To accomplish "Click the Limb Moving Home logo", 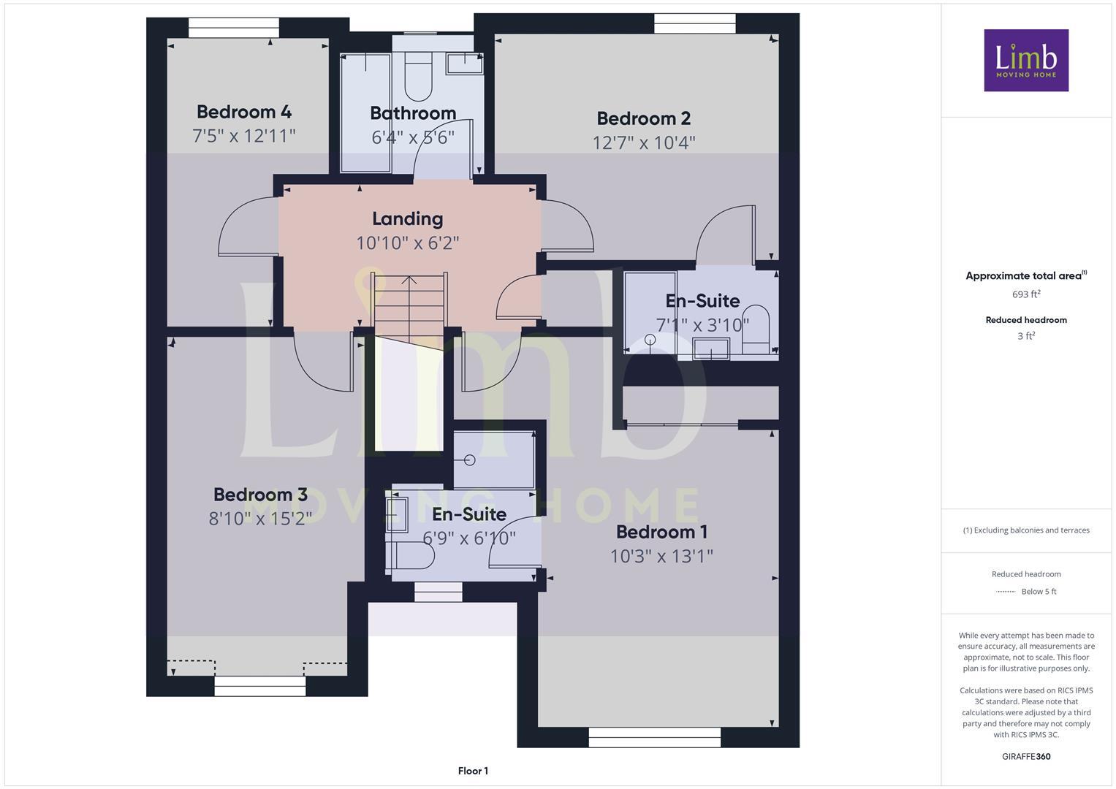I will point(1025,60).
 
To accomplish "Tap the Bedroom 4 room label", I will point(243,112).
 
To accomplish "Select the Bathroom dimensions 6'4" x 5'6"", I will point(413,137).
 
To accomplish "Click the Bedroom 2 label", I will point(643,118).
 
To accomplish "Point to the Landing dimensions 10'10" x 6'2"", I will point(407,243).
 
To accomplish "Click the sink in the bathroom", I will point(465,64).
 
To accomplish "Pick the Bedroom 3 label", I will point(260,495).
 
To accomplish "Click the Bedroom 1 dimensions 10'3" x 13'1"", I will point(661,556).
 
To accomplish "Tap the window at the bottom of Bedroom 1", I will point(654,741).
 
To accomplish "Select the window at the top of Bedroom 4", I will point(234,28).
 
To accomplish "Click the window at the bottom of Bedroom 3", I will point(259,686).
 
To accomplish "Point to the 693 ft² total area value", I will point(1025,294).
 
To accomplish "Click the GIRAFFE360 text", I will point(1025,756).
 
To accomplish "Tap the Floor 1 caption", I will point(473,771).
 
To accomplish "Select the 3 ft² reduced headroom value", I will point(1025,336).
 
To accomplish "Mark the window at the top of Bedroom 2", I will point(694,23).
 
